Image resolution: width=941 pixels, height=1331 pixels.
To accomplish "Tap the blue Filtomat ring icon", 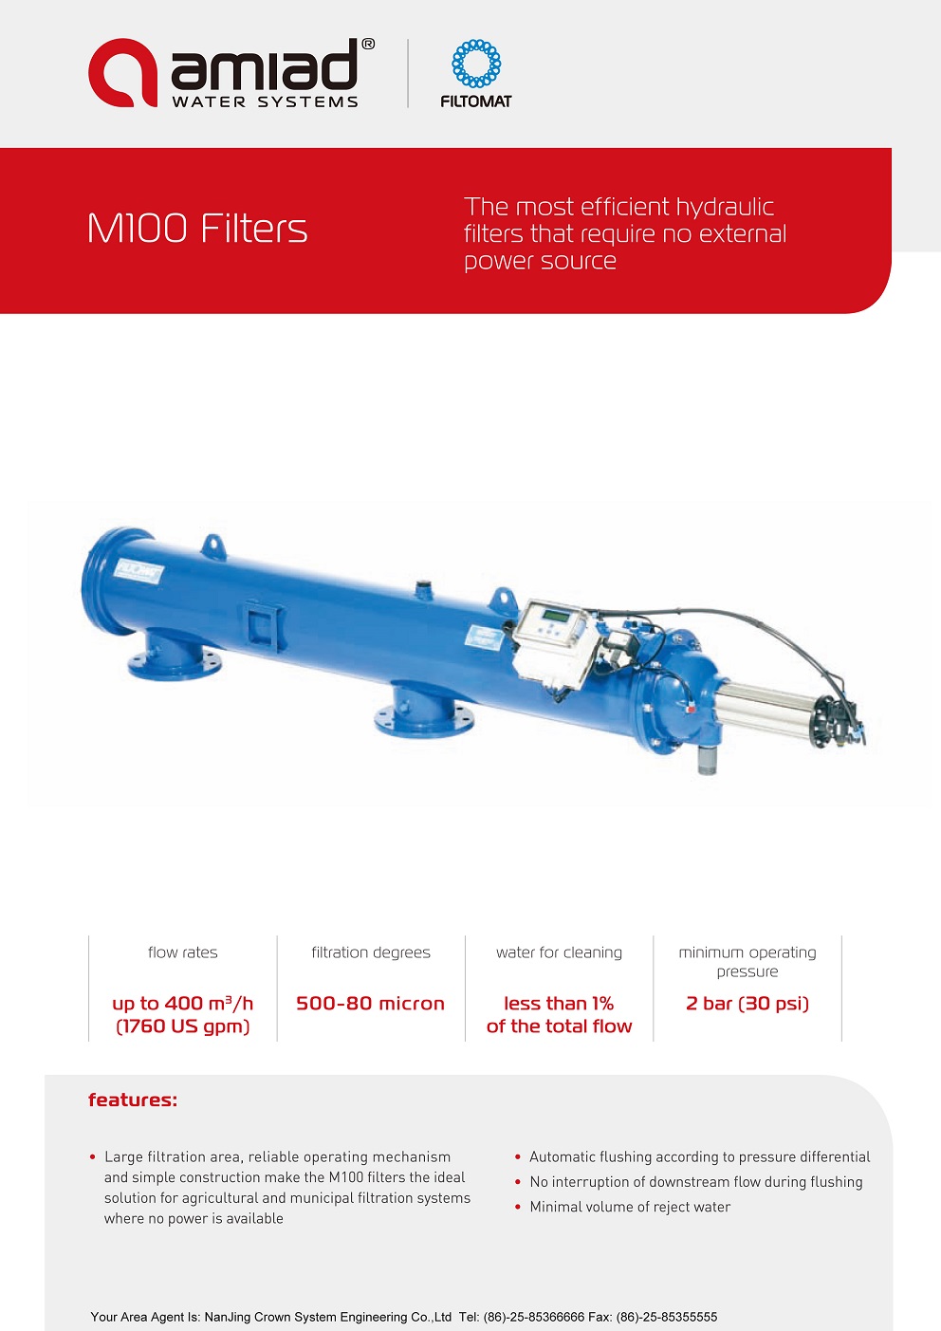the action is [476, 63].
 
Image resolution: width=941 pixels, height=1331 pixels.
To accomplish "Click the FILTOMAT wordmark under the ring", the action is [476, 102].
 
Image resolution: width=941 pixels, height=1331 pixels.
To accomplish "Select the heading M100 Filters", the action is [197, 229].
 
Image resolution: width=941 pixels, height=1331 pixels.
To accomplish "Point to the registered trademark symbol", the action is [368, 44].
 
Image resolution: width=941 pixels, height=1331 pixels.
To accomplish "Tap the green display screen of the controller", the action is [557, 616].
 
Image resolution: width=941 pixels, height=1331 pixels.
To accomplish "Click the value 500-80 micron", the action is [371, 1004].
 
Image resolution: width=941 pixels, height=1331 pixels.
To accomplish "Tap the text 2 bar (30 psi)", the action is [747, 1004].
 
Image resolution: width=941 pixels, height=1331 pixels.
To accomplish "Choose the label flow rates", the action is [183, 952].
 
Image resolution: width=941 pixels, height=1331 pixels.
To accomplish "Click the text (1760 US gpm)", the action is [183, 1026].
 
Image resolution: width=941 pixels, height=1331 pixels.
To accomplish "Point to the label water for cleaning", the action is [559, 952].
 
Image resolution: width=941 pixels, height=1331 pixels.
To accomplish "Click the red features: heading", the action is [133, 1100].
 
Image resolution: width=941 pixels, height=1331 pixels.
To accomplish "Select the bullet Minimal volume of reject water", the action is [630, 1207].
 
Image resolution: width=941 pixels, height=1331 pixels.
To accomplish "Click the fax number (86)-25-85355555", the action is [667, 1317].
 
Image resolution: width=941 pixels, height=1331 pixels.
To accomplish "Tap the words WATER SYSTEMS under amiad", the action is [265, 102].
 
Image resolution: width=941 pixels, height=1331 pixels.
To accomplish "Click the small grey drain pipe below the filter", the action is [706, 759].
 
